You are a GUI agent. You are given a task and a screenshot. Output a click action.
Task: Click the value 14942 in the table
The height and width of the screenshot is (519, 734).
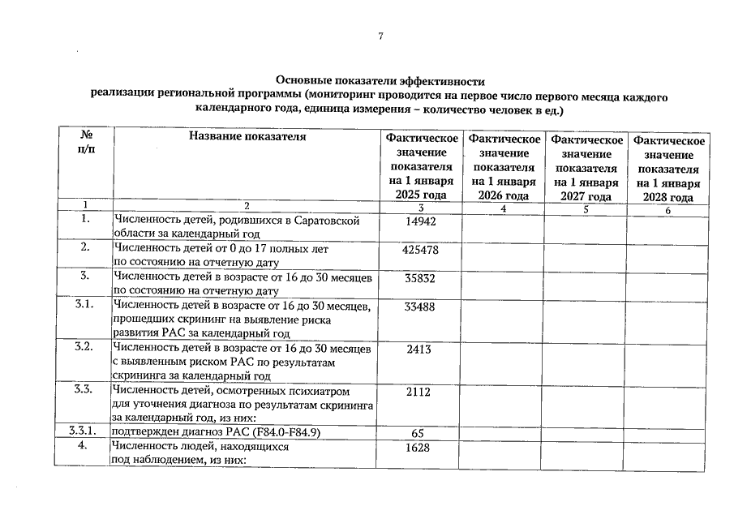[420, 221]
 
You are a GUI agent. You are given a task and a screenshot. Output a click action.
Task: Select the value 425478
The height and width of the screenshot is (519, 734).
[420, 250]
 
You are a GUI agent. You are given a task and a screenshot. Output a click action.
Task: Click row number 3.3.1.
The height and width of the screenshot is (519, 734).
[84, 432]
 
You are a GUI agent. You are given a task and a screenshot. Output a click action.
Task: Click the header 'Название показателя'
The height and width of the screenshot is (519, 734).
[247, 136]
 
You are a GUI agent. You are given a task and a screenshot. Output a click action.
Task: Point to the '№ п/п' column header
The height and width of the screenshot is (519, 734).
[85, 144]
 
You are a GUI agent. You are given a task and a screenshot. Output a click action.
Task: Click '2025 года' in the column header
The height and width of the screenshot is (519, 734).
[421, 195]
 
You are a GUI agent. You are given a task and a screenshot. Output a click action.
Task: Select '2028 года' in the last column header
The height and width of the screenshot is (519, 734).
[668, 197]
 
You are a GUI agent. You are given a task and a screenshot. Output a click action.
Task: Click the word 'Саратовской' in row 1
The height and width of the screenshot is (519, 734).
[327, 220]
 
